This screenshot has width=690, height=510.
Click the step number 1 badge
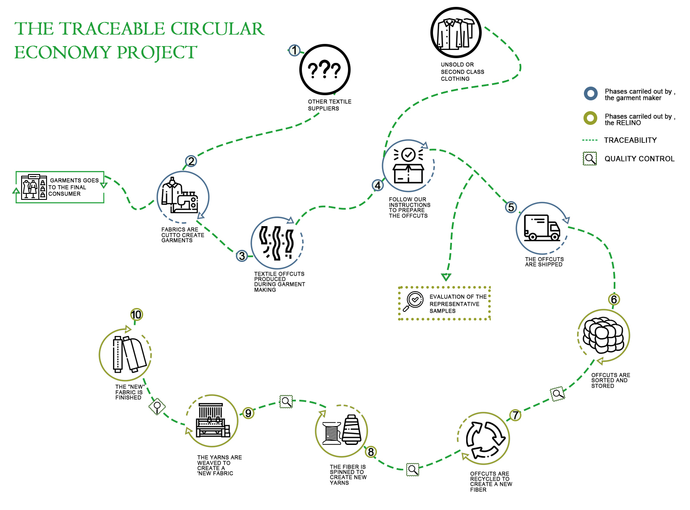click(x=294, y=50)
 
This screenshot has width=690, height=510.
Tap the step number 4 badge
click(x=378, y=185)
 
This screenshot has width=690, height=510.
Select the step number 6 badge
click(x=614, y=299)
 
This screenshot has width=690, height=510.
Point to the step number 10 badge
click(x=136, y=314)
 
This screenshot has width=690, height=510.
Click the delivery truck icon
click(x=542, y=228)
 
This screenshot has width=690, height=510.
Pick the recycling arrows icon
click(x=485, y=439)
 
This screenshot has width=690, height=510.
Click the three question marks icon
click(x=324, y=69)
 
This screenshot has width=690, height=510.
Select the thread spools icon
click(x=342, y=430)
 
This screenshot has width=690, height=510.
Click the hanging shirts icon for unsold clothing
click(x=456, y=33)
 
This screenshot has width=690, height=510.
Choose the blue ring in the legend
click(x=590, y=93)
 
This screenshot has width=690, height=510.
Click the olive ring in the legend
click(x=590, y=118)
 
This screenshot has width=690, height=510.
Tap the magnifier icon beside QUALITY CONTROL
click(x=590, y=159)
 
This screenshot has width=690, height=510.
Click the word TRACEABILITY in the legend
click(x=630, y=140)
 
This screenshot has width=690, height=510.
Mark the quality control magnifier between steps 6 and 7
click(x=558, y=394)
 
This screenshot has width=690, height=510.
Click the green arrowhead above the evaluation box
click(x=446, y=277)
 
